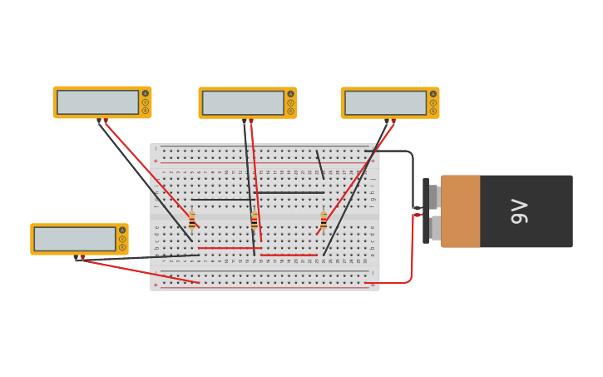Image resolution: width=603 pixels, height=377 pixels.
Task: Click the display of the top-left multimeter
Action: pos(97,102)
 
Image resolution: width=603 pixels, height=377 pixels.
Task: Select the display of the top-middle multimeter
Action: pos(243,103)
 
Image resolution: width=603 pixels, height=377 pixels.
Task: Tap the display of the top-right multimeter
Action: pos(385,103)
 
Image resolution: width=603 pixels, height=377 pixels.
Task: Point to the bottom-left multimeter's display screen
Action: pos(75,239)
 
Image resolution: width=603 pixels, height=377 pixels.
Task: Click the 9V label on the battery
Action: pos(519,211)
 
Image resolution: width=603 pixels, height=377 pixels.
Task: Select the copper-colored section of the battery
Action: pos(460,211)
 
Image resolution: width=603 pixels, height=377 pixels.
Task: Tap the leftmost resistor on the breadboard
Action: pos(192,221)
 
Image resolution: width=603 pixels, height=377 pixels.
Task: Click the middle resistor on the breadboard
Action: pos(255,221)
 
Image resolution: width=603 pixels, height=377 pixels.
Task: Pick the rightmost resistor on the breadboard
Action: pos(324,221)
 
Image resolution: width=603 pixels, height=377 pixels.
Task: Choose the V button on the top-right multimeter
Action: pos(432,102)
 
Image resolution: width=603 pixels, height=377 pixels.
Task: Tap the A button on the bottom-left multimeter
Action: pos(122,230)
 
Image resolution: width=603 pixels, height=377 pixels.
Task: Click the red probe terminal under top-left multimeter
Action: pos(106,121)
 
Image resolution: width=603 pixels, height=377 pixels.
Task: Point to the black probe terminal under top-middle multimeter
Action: pos(245,122)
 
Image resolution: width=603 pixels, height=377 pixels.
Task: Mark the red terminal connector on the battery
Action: pos(418,215)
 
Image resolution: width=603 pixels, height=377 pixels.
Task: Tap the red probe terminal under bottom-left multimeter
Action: pos(82,258)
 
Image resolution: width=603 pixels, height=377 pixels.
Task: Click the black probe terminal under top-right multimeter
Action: pos(387,122)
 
